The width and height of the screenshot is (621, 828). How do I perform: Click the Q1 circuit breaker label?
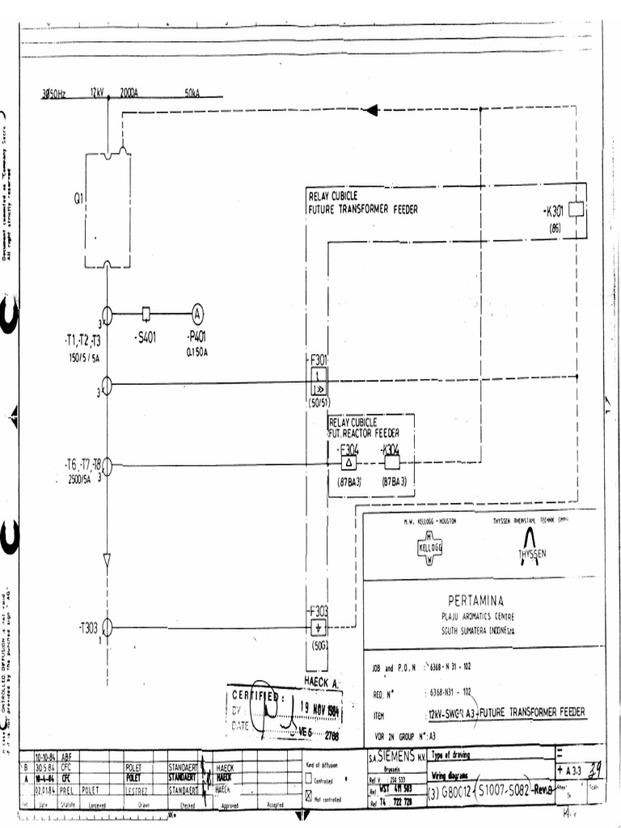pyautogui.click(x=78, y=196)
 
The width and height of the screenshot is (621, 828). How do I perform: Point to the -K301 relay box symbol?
pyautogui.click(x=576, y=210)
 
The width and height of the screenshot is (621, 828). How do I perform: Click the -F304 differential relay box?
pyautogui.click(x=349, y=463)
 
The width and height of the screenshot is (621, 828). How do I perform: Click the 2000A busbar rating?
pyautogui.click(x=129, y=93)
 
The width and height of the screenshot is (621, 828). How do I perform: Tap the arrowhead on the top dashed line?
pyautogui.click(x=371, y=110)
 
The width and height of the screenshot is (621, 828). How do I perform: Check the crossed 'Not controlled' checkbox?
pyautogui.click(x=308, y=795)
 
